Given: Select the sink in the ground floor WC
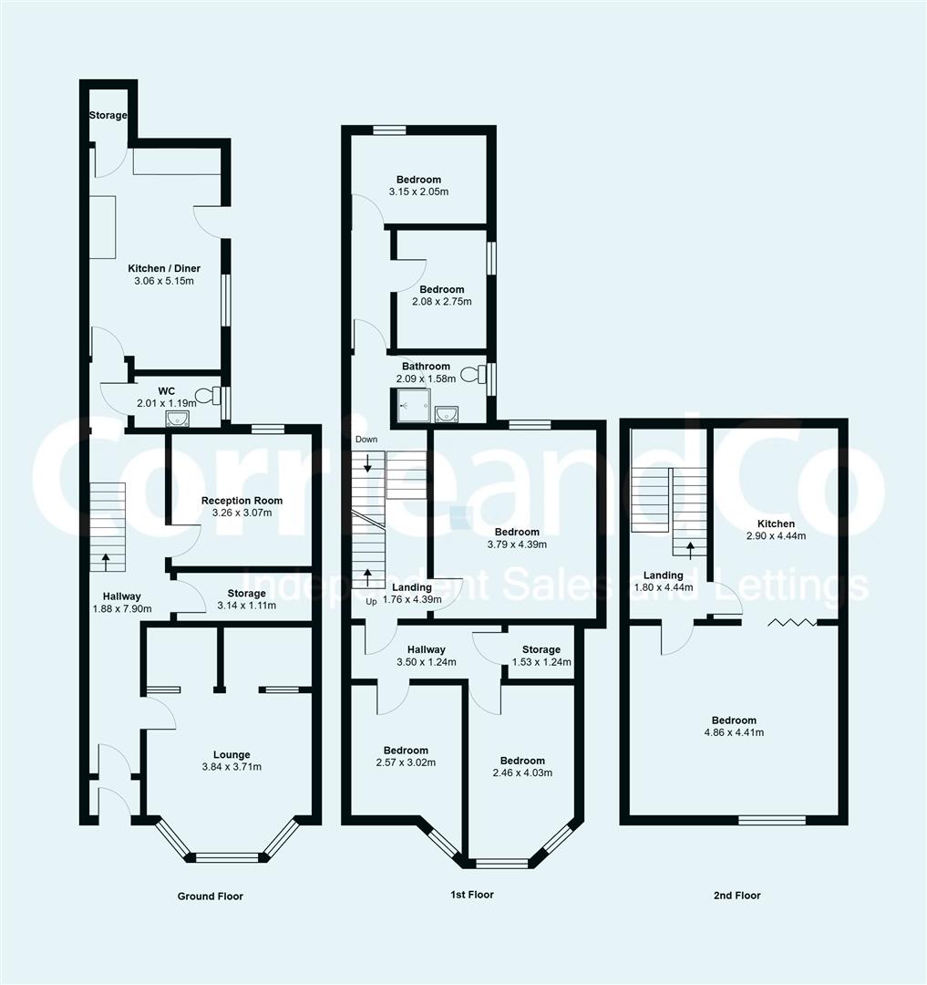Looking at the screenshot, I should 177,418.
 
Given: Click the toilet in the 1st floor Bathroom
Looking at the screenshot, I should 472,374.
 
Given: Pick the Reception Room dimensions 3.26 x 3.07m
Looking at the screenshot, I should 242,513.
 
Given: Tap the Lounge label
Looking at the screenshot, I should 232,754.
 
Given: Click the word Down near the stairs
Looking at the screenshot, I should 366,440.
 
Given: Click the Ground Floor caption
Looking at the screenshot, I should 210,897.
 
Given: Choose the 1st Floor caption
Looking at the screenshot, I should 472,895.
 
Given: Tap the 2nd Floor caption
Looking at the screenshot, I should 736,896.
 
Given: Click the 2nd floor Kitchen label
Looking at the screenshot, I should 776,524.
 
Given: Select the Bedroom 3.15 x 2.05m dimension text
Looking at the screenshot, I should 418,192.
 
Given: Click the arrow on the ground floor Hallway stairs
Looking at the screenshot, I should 107,557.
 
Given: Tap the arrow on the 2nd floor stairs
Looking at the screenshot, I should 689,549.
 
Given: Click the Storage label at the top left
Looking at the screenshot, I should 108,116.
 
